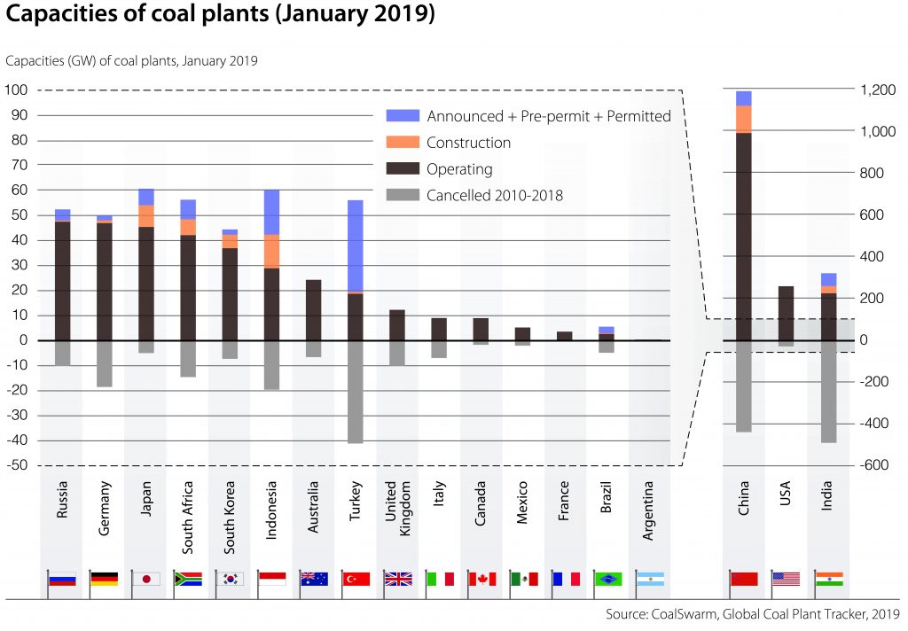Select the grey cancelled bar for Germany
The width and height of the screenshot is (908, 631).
tap(104, 363)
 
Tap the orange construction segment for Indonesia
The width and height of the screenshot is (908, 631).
tap(270, 251)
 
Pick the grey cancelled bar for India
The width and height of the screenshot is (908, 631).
tap(827, 391)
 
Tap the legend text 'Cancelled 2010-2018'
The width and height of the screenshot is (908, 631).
tap(495, 195)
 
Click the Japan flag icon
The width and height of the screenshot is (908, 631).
tap(146, 579)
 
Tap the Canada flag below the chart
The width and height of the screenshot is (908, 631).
tap(481, 579)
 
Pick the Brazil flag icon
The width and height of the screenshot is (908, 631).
tap(607, 579)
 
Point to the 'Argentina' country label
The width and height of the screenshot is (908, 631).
tap(649, 510)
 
